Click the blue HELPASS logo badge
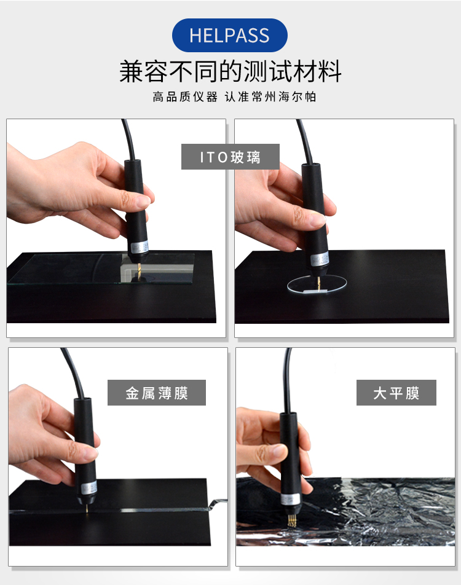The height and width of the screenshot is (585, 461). [x=229, y=35]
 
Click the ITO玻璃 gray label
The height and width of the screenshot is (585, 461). [x=230, y=157]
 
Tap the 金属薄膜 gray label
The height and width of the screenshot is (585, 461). [x=156, y=393]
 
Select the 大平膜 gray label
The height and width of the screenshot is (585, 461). [x=396, y=393]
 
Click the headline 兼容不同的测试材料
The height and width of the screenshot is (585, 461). [x=230, y=71]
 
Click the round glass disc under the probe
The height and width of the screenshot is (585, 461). [x=317, y=286]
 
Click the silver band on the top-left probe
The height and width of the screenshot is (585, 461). [x=138, y=246]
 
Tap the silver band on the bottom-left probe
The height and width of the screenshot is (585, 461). [x=87, y=487]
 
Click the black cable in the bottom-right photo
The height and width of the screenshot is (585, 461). [x=287, y=381]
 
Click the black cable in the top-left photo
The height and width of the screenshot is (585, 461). [x=127, y=138]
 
